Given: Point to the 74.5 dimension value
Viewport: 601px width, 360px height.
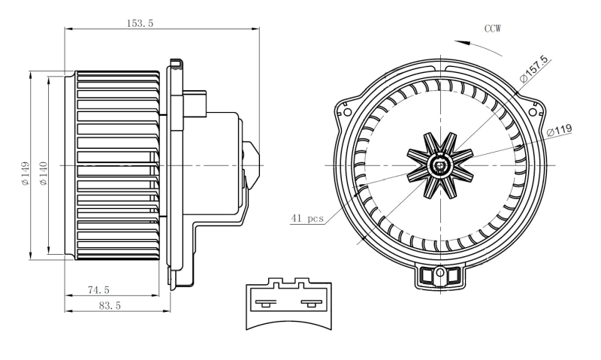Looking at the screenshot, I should [98, 289].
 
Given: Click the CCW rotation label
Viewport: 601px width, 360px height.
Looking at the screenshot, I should [492, 29].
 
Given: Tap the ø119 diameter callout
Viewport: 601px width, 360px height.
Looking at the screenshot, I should [560, 131].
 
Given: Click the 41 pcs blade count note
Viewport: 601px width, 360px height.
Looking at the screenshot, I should [307, 219].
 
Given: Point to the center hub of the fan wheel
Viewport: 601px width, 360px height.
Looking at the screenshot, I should [439, 164].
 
